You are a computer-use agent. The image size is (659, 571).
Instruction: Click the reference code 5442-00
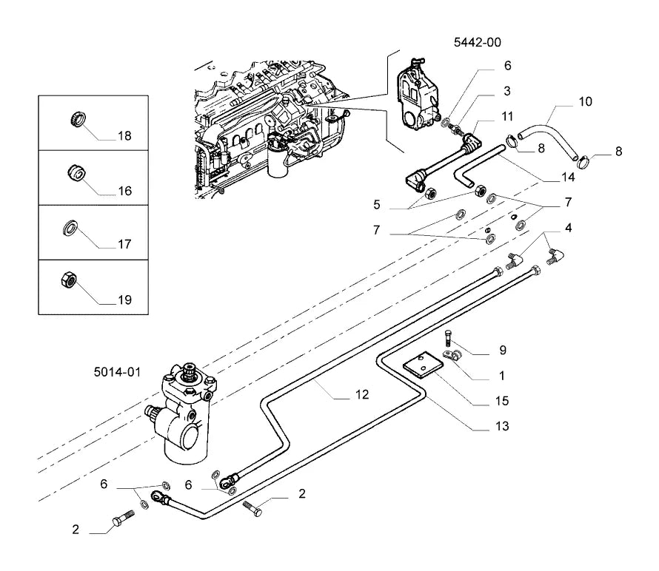click(x=478, y=42)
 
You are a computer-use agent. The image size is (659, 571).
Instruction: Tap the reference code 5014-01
click(x=117, y=372)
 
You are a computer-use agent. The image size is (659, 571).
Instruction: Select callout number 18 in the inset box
click(x=124, y=135)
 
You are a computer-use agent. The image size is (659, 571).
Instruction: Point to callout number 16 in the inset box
click(x=125, y=191)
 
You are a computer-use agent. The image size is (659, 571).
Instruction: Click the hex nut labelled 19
click(x=68, y=279)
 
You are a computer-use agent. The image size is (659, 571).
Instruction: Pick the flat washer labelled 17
click(x=70, y=227)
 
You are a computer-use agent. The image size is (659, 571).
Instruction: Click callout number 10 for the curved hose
click(x=585, y=101)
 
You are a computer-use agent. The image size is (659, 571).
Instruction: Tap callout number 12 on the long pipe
click(x=362, y=394)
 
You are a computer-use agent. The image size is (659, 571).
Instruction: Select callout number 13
click(x=502, y=426)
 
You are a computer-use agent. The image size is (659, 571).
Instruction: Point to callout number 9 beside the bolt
click(x=503, y=350)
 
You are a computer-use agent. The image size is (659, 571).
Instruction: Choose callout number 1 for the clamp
click(x=501, y=375)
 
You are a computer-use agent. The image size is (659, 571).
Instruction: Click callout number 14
click(x=568, y=178)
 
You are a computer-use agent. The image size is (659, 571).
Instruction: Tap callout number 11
click(x=507, y=116)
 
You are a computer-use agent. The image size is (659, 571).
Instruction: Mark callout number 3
click(x=507, y=91)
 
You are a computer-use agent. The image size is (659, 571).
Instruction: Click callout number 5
click(x=377, y=204)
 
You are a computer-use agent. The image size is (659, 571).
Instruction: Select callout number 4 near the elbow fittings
click(x=568, y=228)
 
